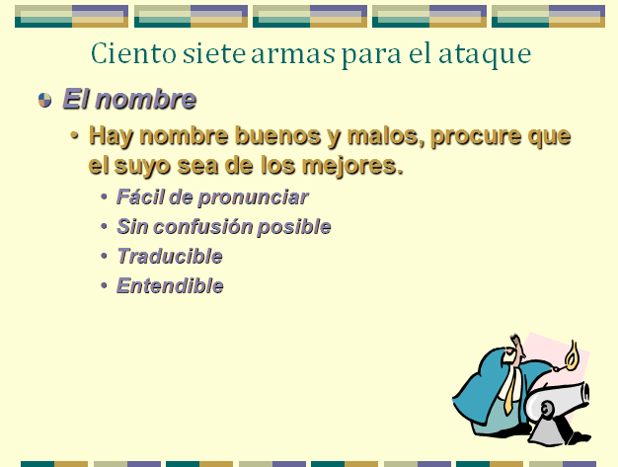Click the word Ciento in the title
tap(133, 53)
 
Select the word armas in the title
tap(293, 55)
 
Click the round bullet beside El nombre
tap(45, 100)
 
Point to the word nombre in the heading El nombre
tap(145, 99)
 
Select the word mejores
tap(352, 166)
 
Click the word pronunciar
tap(253, 197)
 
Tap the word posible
tap(293, 227)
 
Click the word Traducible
tap(170, 256)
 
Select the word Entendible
tap(170, 285)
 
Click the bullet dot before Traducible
tap(104, 256)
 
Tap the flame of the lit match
tap(571, 353)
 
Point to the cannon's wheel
tap(546, 410)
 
